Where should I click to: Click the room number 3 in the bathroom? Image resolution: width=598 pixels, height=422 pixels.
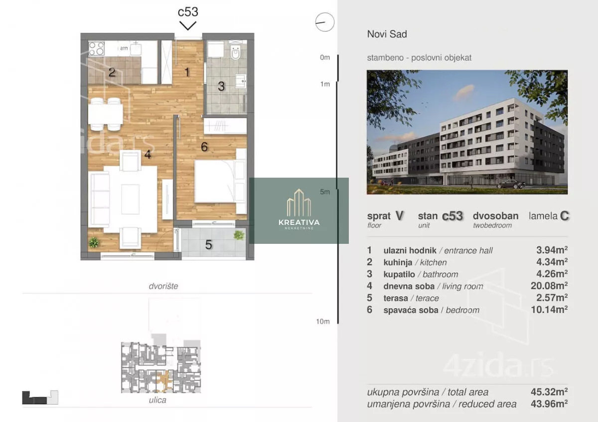[x=221, y=86]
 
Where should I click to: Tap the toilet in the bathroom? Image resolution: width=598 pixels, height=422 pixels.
[x=235, y=52]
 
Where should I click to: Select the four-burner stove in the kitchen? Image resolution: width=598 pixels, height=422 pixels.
[x=96, y=48]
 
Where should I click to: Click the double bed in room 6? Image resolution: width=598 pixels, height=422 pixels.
[x=215, y=181]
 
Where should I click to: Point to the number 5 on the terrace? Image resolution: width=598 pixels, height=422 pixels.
[x=208, y=245]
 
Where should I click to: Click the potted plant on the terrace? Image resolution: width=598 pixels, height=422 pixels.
[x=239, y=235]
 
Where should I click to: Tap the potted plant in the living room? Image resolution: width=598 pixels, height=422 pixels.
[x=94, y=242]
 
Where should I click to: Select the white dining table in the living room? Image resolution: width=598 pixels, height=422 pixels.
[x=106, y=114]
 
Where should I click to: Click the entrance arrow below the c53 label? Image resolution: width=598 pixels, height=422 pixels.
[x=188, y=25]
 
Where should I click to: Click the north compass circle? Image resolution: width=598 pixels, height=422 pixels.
[x=325, y=22]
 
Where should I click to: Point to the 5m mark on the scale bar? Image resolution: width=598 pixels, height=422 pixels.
[x=325, y=192]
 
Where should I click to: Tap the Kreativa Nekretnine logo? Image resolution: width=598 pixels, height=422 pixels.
[x=299, y=211]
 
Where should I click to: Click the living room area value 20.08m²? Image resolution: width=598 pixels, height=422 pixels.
[x=549, y=286]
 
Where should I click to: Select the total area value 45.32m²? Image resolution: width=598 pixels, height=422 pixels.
[x=549, y=392]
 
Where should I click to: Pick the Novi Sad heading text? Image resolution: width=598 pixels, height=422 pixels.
[x=387, y=34]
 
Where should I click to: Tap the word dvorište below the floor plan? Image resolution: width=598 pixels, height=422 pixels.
[x=163, y=286]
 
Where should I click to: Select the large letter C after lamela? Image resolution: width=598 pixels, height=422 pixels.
[x=564, y=216]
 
